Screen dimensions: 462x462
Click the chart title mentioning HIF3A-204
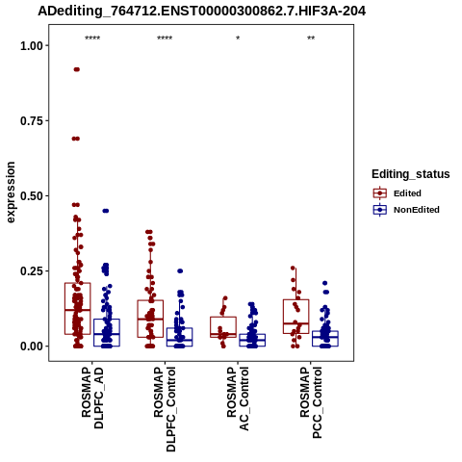pos(201,12)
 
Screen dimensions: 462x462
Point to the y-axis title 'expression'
pos(11,192)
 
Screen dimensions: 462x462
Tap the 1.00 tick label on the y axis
pos(32,46)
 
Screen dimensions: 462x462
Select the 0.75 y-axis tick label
pos(32,121)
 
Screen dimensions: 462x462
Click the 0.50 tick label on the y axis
pos(32,196)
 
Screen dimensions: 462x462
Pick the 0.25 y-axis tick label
pos(32,271)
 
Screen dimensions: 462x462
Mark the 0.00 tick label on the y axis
pos(32,346)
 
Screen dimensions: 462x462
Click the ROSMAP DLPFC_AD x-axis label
pos(92,398)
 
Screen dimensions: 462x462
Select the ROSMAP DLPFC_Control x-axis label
pos(166,409)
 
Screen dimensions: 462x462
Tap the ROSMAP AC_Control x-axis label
pos(238,398)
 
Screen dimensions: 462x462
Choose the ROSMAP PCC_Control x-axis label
pos(311,402)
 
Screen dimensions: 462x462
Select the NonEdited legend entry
pos(406,210)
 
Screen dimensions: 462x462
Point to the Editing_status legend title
pos(411,174)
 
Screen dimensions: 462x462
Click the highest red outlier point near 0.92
pos(77,69)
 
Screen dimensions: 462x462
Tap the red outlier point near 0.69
pos(76,139)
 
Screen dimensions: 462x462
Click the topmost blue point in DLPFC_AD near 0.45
pos(106,211)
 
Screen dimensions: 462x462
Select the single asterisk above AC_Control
pos(238,38)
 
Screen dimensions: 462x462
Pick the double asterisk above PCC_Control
pos(311,38)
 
